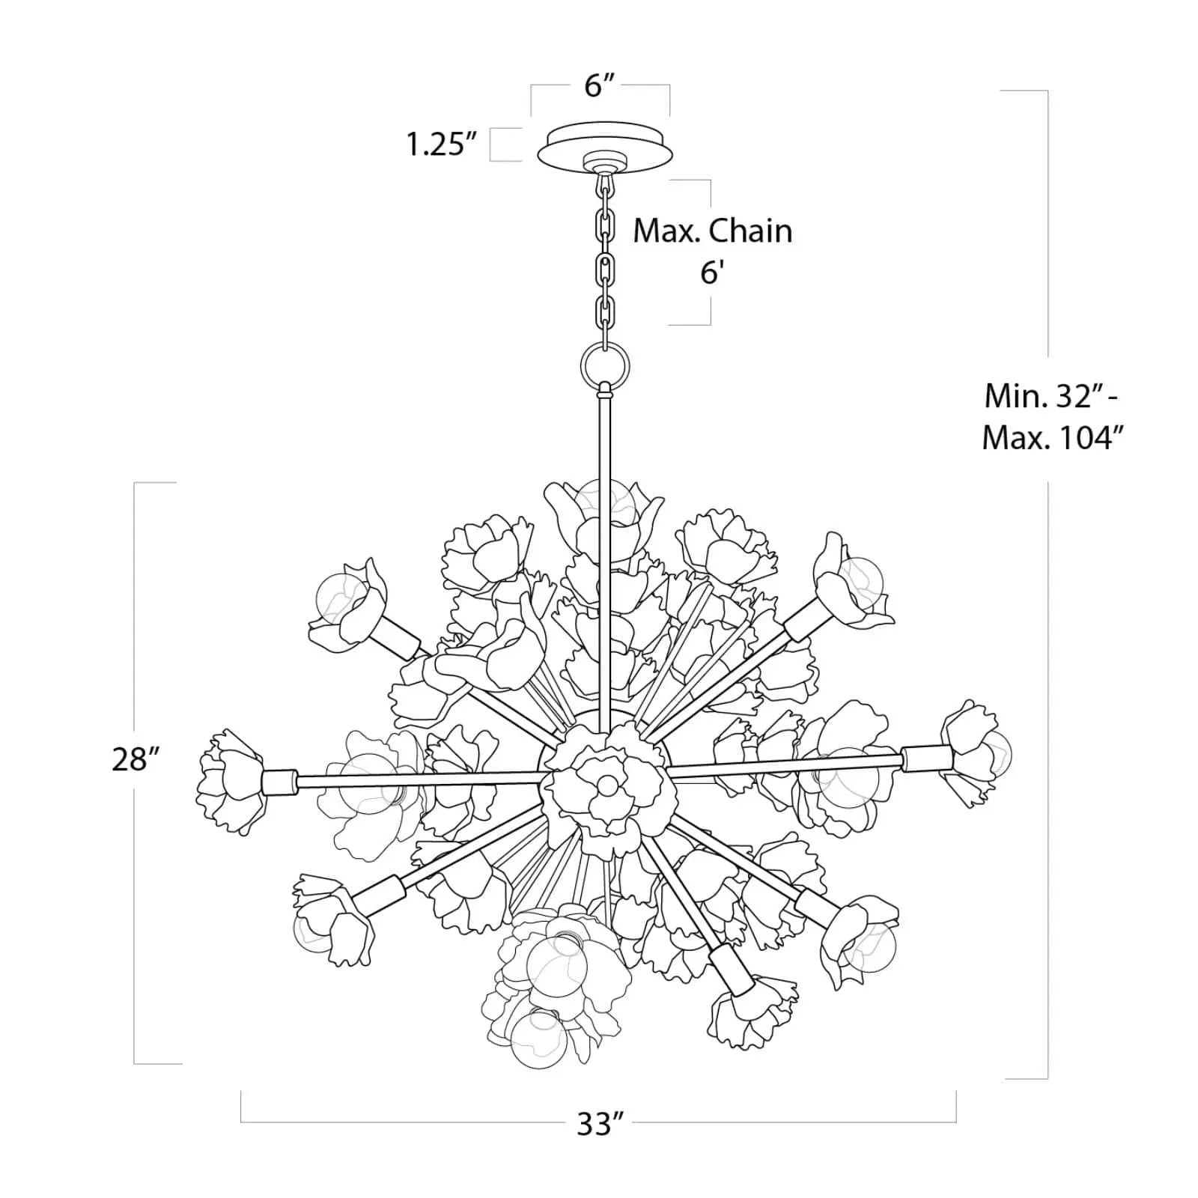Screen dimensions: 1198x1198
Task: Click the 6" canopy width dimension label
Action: point(599,86)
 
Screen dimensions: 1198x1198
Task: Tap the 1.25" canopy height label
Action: point(441,145)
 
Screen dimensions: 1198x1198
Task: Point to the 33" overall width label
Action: point(600,1123)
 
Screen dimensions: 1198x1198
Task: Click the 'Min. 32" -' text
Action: point(1050,396)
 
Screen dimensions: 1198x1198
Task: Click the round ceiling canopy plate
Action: point(605,147)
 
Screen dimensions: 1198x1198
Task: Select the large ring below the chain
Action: point(604,367)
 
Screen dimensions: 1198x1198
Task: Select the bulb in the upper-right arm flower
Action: point(860,581)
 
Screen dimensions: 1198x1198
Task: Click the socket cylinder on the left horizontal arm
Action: point(279,782)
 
